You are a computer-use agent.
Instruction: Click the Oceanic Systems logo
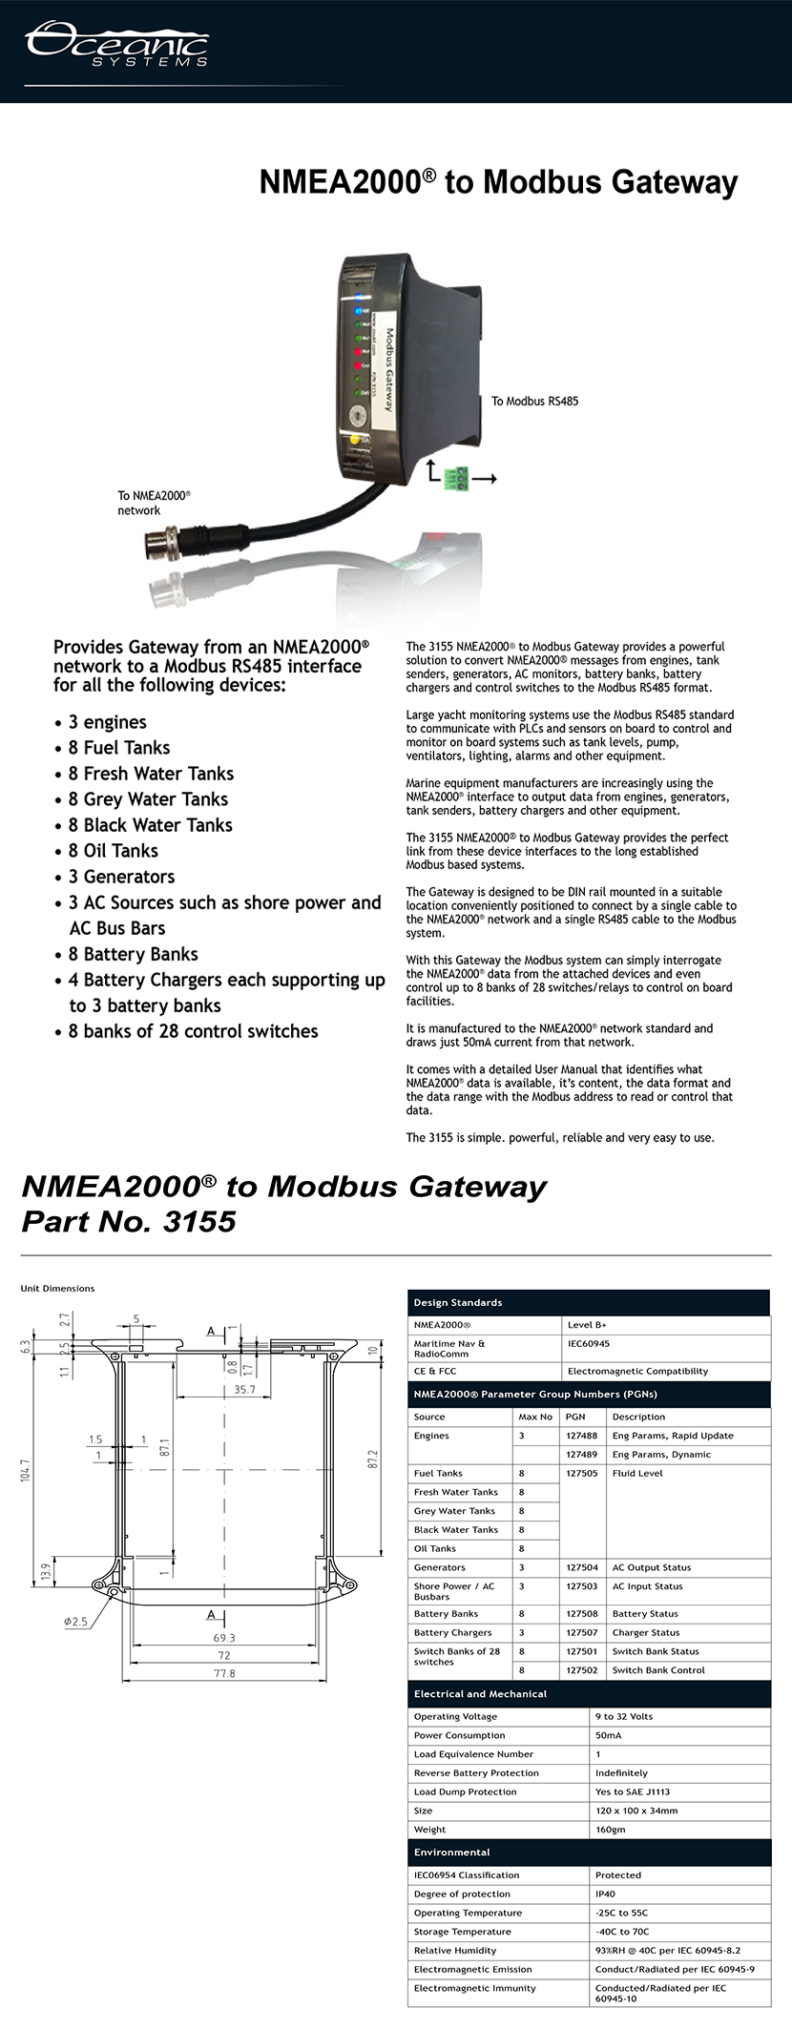116,46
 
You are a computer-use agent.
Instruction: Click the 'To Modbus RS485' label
534,401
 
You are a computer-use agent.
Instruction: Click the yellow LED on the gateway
356,440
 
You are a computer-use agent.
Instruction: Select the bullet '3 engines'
107,722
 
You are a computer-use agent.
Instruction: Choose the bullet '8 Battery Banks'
133,954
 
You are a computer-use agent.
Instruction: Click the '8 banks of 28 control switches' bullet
193,1031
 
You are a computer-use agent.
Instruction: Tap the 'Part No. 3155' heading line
129,1222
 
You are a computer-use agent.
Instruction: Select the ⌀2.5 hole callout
75,1622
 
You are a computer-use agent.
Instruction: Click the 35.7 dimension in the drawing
244,1389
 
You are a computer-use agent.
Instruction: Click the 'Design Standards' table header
458,1302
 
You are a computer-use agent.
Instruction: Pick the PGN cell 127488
581,1436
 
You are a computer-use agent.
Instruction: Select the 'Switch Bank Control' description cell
658,1670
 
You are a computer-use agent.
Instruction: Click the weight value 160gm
610,1830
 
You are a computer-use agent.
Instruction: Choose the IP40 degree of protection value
606,1894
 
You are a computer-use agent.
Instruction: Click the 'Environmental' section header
451,1853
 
